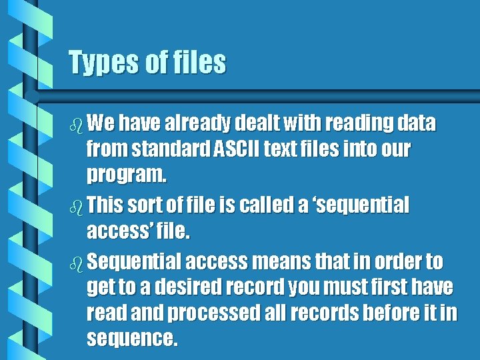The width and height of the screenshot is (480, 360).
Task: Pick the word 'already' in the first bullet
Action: tap(196, 124)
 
